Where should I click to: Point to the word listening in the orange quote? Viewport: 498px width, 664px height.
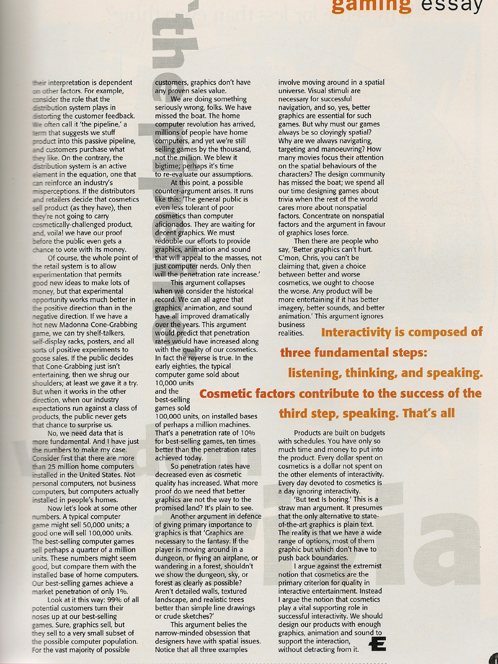314,373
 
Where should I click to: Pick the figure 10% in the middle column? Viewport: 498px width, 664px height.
248,433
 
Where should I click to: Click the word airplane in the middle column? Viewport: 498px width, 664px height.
240,557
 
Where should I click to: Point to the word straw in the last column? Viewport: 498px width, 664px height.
288,508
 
